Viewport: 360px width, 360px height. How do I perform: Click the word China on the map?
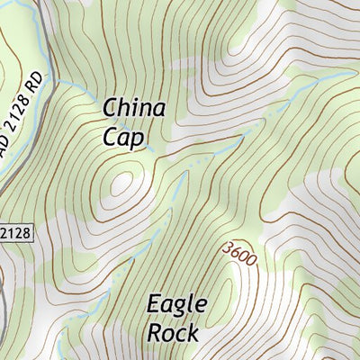[x=134, y=109]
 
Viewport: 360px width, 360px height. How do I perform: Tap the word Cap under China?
[x=122, y=137]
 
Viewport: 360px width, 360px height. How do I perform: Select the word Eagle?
[x=177, y=304]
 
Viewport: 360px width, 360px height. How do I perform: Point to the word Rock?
[x=173, y=332]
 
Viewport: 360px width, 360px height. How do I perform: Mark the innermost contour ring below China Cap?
[x=121, y=183]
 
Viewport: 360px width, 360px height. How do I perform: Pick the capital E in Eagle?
[x=155, y=304]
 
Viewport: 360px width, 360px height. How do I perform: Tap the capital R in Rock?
[x=155, y=332]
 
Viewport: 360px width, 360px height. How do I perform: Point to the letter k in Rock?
[x=193, y=332]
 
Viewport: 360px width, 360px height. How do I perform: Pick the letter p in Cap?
[x=137, y=139]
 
